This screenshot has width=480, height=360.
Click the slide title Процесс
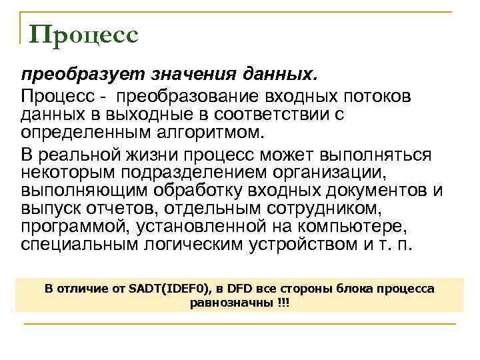[x=85, y=35]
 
